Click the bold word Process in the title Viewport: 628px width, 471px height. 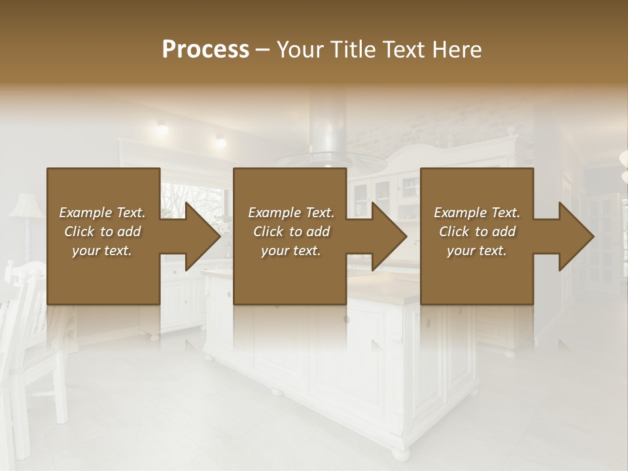tap(205, 50)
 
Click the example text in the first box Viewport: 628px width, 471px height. tap(102, 232)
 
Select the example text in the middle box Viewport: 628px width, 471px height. tap(290, 232)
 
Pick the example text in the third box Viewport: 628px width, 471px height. tap(477, 232)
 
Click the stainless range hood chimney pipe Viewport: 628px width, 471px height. tap(326, 124)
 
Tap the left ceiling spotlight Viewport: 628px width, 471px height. tap(162, 128)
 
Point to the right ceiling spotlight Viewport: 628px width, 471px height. tap(220, 140)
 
